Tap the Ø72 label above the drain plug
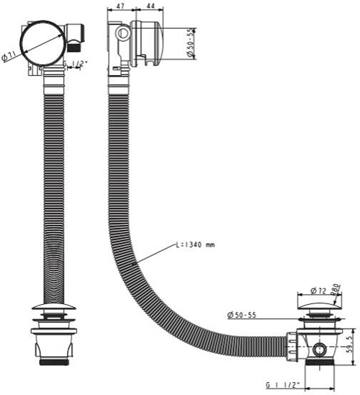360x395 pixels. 320,290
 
